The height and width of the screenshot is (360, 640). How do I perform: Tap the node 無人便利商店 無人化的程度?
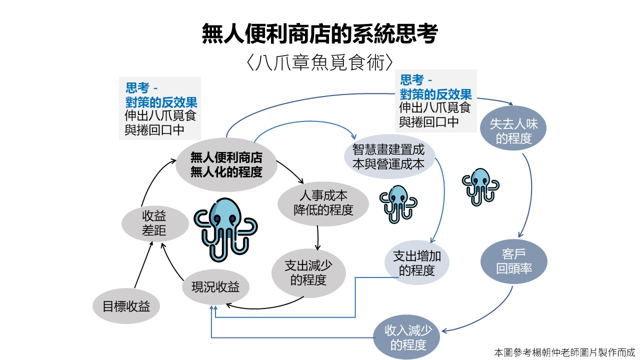coord(226,164)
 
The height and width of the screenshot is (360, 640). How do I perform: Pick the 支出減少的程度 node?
coord(308,272)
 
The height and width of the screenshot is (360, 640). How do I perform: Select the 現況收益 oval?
coord(215,287)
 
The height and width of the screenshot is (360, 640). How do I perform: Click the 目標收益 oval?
coord(126,306)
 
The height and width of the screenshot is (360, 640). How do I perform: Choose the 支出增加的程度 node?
coord(416,263)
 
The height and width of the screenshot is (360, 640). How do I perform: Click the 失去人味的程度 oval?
coord(513,131)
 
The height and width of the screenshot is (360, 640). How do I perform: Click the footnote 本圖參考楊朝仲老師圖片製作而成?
coord(564,352)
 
